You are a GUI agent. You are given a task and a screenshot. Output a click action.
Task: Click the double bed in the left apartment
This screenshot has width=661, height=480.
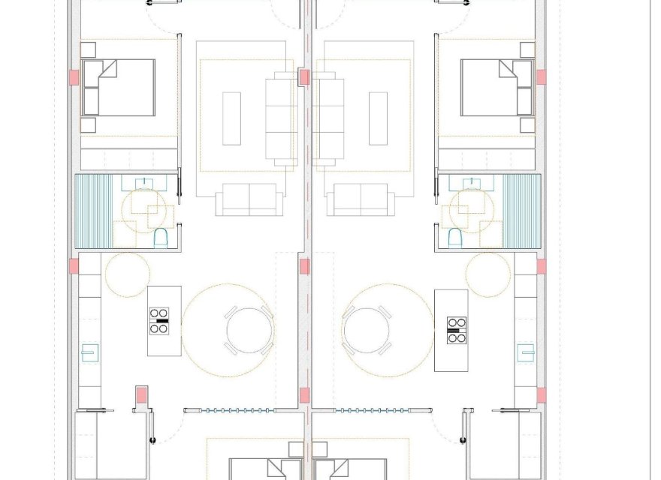point(118,88)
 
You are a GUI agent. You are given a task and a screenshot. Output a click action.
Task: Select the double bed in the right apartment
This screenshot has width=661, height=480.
point(497,88)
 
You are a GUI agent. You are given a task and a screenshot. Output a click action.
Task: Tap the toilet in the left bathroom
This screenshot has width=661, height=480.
point(160,238)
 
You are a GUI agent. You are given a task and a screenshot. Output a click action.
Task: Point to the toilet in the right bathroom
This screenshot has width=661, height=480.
point(454,238)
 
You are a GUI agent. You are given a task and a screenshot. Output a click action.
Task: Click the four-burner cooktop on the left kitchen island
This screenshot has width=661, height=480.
point(159,320)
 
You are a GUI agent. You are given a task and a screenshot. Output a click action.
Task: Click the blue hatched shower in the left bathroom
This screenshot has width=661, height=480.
point(92,211)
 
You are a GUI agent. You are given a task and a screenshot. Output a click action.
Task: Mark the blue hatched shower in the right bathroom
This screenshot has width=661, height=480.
point(522,211)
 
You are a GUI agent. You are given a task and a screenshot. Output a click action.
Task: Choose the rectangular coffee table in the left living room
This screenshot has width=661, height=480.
point(232,118)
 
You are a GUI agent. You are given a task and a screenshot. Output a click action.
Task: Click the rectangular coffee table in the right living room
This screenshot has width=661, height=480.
point(378,118)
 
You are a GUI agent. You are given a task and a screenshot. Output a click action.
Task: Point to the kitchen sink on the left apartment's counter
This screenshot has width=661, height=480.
point(90,349)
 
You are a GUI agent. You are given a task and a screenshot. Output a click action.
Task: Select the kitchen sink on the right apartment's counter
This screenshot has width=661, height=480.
point(525,349)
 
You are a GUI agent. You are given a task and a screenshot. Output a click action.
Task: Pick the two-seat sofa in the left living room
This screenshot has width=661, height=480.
point(249,199)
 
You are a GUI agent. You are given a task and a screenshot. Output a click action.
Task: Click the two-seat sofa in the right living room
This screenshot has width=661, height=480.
point(361,199)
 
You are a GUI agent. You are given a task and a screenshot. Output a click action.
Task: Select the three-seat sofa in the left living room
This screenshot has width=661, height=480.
point(281,118)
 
